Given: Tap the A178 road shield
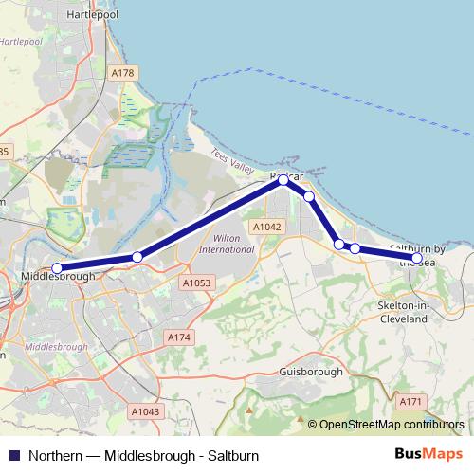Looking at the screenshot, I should coord(122,73).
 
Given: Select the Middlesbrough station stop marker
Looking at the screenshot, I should coord(57,268).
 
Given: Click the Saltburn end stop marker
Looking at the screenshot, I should coord(416,258).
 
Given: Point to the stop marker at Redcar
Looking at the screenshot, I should coord(283,179).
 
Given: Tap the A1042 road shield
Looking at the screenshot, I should coord(266,228).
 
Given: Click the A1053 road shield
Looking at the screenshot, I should coord(196,283).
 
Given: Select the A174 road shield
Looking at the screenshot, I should coord(178,337).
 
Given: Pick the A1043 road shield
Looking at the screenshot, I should coord(145,411).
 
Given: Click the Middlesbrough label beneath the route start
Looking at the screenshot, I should coord(58,277).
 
